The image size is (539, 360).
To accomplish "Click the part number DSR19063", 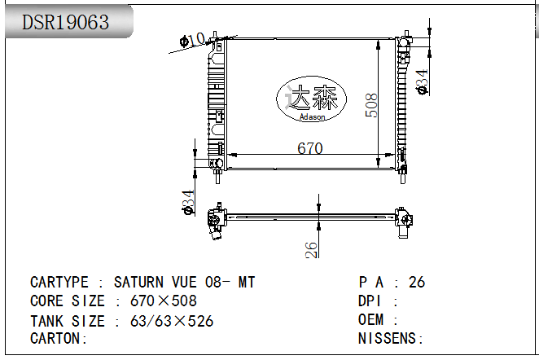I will point(65,22).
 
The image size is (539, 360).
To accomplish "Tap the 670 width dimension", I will point(309,148).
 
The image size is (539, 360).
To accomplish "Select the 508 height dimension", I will point(370,105).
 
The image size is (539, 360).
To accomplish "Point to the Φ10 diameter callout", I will point(192,40).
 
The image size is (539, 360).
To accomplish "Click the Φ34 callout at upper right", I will point(422,81).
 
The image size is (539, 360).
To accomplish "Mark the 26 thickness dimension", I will point(311,250).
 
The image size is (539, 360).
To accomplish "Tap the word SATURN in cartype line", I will point(138,283).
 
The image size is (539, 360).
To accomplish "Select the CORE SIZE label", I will point(68,301).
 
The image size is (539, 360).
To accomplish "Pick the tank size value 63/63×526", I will point(172,321).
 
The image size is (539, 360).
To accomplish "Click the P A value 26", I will point(416,283).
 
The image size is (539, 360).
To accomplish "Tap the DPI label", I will point(371,301).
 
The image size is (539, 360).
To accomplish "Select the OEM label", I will point(371,320).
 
